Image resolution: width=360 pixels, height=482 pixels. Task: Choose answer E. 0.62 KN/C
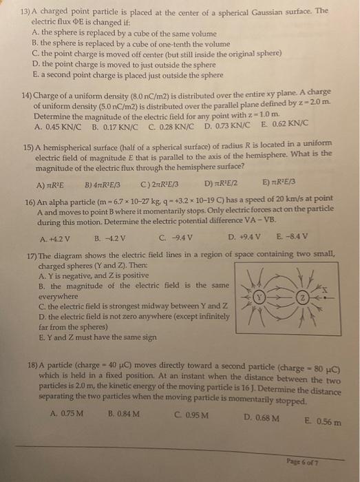pyautogui.click(x=261, y=127)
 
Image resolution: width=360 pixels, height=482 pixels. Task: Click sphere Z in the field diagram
pyautogui.click(x=303, y=300)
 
